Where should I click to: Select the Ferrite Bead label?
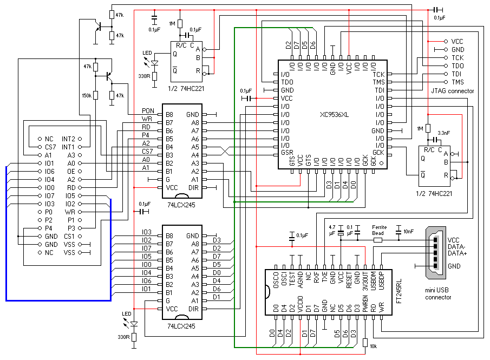[378, 230]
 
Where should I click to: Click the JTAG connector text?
[452, 90]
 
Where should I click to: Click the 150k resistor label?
[86, 95]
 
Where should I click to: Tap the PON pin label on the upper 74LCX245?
[148, 111]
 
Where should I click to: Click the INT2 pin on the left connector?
[69, 139]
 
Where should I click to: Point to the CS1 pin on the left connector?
[69, 236]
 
